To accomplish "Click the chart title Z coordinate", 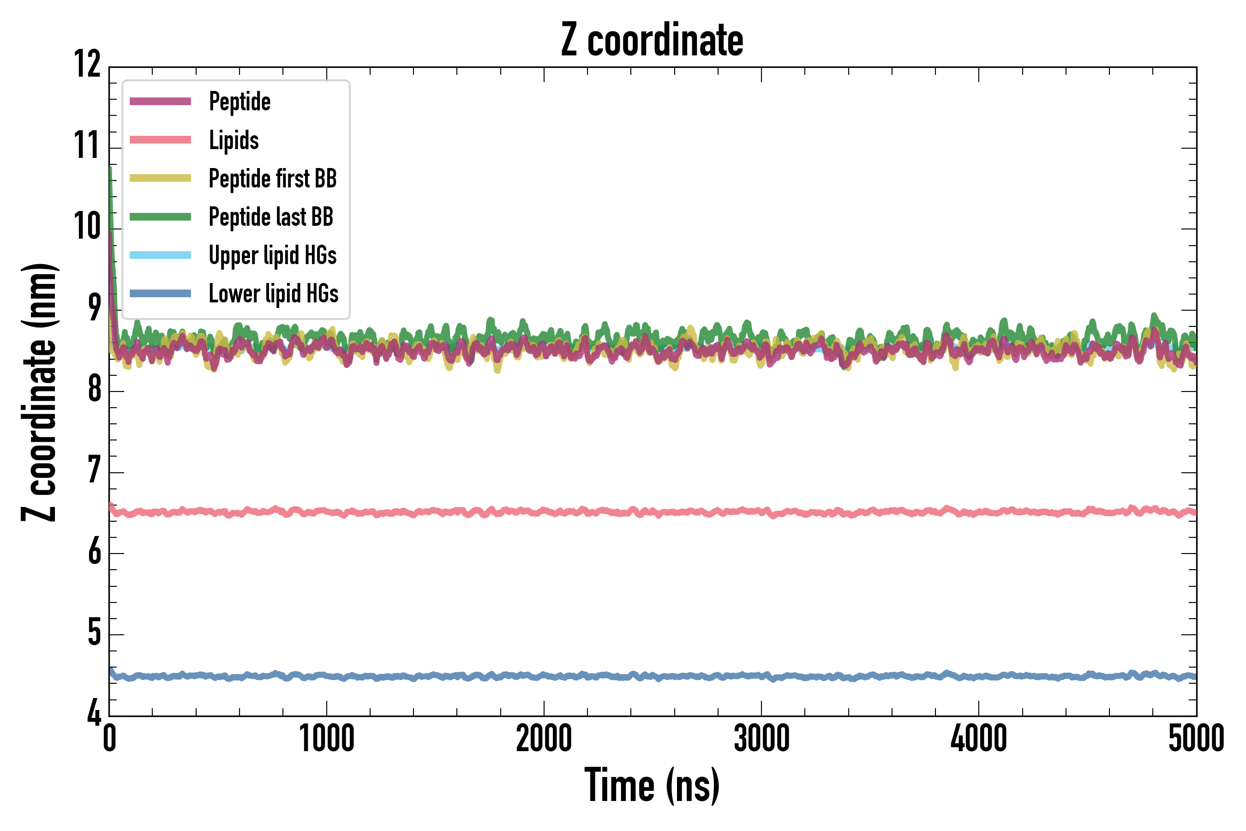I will (x=652, y=40).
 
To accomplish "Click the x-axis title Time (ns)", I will (x=652, y=785).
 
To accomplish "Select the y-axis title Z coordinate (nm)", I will (x=39, y=392).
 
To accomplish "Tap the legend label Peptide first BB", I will (x=272, y=179).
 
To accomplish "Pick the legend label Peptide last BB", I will (x=271, y=217).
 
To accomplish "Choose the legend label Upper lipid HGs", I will (x=272, y=255).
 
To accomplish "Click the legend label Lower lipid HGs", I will (x=273, y=294).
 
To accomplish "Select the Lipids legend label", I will (x=234, y=140).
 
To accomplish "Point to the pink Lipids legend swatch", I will (x=160, y=140).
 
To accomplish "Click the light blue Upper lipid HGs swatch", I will (x=160, y=255).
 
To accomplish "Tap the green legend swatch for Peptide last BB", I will (x=160, y=217).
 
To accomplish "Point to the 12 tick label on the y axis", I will (x=87, y=65).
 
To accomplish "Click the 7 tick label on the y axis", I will (x=94, y=470).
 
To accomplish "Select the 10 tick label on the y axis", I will (x=87, y=227).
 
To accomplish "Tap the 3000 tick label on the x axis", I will (x=761, y=738).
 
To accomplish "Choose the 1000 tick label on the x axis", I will (x=326, y=738).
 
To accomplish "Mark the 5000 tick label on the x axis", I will (x=1196, y=738).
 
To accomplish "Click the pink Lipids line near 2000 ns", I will (x=544, y=512).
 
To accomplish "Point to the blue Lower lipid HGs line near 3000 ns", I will (x=761, y=676).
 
